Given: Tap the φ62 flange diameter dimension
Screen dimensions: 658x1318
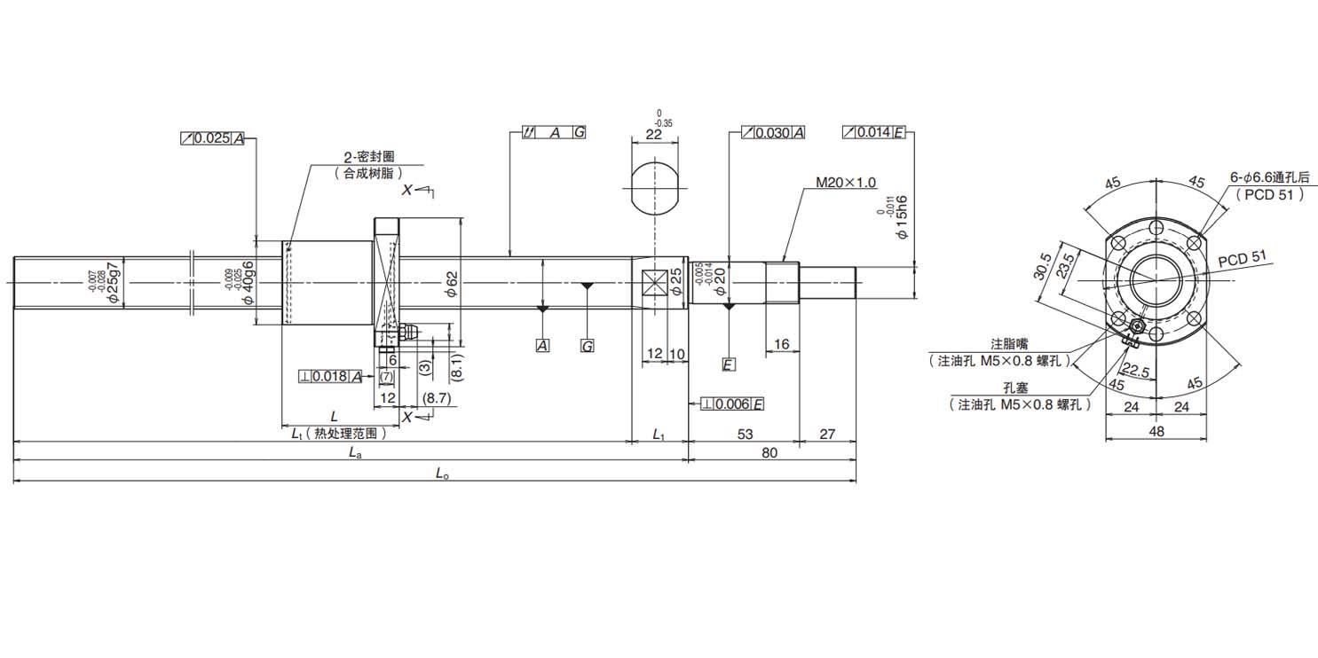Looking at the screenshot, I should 451,283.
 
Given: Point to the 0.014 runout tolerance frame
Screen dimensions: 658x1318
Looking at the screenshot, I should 873,133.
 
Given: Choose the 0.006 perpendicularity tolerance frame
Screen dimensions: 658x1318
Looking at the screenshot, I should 732,404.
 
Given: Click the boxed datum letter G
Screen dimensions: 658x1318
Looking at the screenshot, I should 587,346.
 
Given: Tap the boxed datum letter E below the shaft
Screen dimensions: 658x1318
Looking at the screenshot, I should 728,364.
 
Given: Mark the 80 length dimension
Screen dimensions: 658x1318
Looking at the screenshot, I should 769,452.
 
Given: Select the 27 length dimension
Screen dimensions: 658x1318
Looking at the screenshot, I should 827,434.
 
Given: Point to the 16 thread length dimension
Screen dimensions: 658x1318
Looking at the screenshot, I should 781,343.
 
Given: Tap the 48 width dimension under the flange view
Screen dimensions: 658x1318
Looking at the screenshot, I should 1156,432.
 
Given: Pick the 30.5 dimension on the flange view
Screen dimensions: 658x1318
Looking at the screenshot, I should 1046,264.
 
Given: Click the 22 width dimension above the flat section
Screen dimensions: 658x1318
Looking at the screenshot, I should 654,134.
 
